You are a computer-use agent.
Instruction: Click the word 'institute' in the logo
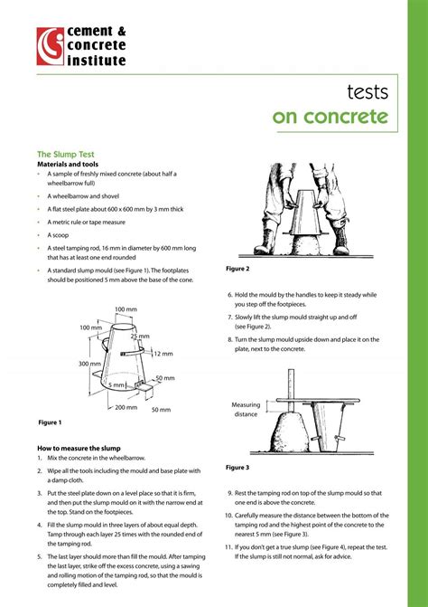click(96, 62)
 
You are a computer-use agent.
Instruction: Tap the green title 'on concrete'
click(330, 118)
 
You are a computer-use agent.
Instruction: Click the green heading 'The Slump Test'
click(67, 154)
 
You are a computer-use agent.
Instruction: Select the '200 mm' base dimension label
click(126, 407)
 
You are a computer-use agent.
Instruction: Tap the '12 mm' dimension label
click(163, 354)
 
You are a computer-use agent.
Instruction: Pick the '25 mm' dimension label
click(140, 337)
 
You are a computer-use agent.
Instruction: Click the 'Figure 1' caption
click(50, 422)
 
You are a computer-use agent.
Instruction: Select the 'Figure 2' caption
click(237, 269)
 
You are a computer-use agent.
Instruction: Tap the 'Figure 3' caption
click(237, 468)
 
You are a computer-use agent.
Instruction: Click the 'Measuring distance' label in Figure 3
click(245, 409)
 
